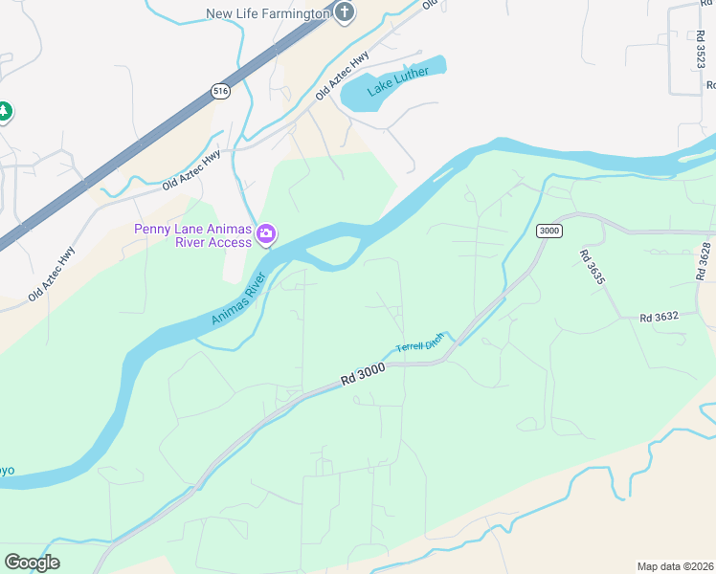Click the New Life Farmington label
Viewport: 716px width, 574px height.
[x=267, y=13]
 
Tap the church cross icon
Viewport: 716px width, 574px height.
[x=344, y=12]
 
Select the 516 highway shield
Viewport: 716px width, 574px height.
[x=221, y=91]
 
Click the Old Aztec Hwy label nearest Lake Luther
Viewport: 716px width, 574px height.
[x=343, y=77]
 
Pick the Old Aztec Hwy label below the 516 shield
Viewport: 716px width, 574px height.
[x=191, y=169]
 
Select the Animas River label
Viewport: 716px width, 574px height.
[x=236, y=299]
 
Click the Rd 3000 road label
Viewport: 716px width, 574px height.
[x=363, y=374]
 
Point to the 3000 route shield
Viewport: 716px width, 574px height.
[x=548, y=231]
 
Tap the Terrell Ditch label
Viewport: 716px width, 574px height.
[x=420, y=342]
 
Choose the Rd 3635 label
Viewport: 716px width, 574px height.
[x=593, y=268]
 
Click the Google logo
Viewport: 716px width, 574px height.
[x=32, y=563]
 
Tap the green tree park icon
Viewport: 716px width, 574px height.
[x=4, y=111]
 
